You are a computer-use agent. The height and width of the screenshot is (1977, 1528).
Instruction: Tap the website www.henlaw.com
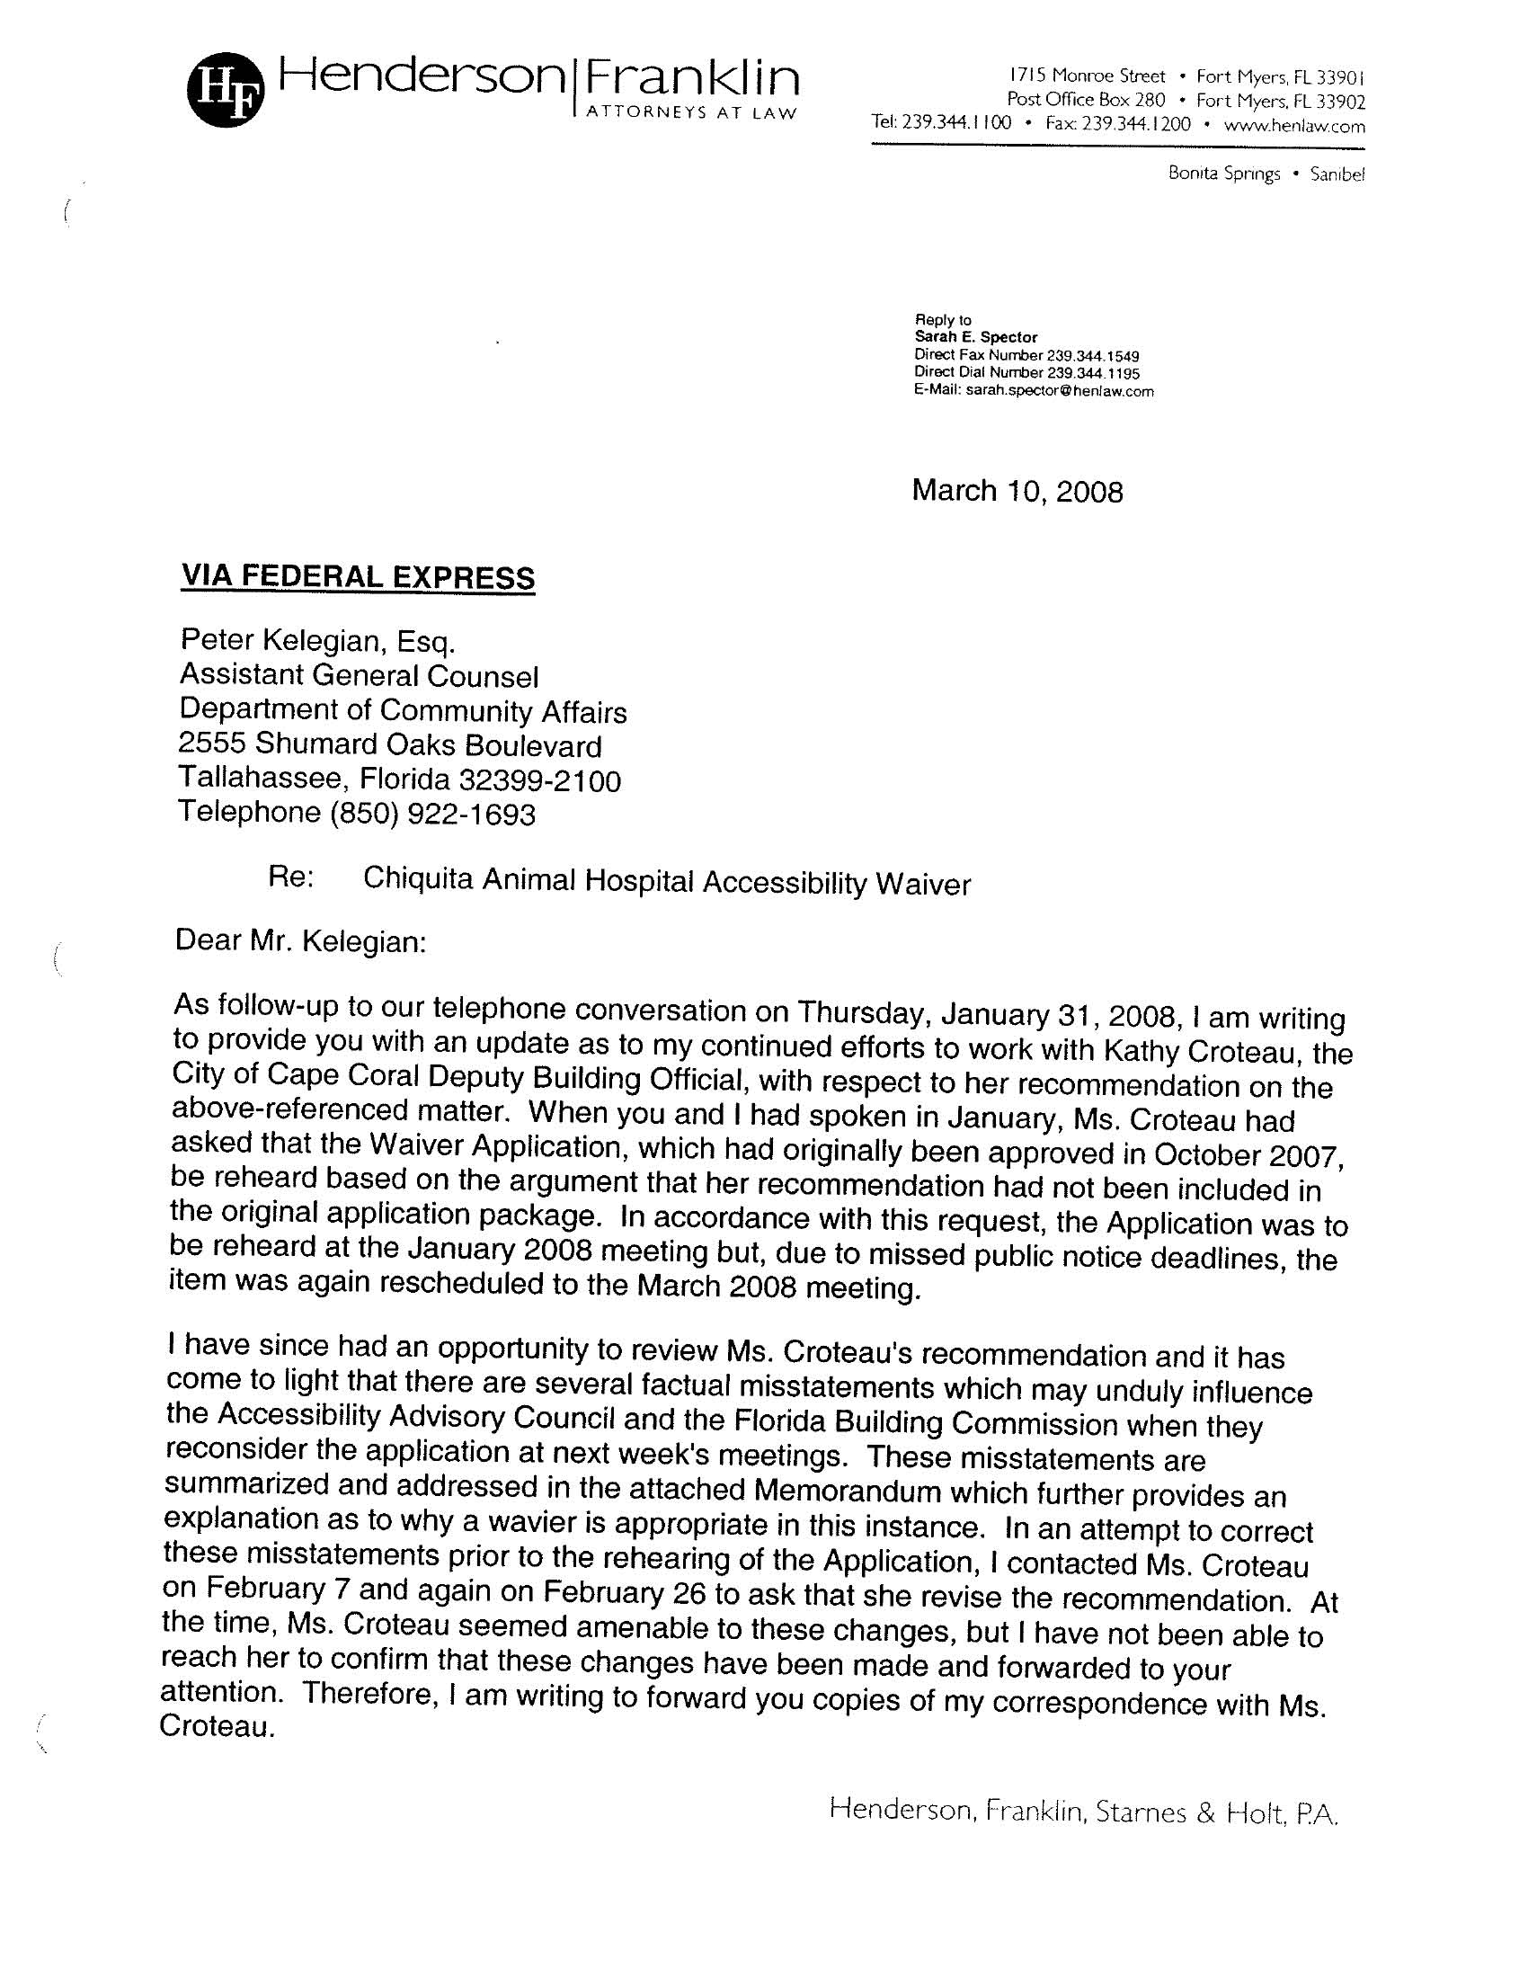coord(1293,126)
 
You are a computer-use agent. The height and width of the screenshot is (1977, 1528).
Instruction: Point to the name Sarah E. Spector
coord(976,337)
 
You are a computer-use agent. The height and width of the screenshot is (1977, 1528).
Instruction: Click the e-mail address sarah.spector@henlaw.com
coord(1059,391)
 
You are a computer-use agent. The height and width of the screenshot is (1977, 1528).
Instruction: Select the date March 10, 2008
coord(1017,492)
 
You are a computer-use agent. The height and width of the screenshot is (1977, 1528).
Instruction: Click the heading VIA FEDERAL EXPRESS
coord(358,577)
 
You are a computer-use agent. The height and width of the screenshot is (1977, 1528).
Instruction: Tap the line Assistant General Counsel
coord(359,675)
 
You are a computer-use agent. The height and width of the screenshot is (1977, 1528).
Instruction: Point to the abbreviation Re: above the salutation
coord(290,877)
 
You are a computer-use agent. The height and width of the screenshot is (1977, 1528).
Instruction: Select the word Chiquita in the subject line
coord(416,879)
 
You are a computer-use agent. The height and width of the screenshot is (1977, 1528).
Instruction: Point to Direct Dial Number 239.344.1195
coord(1026,373)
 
